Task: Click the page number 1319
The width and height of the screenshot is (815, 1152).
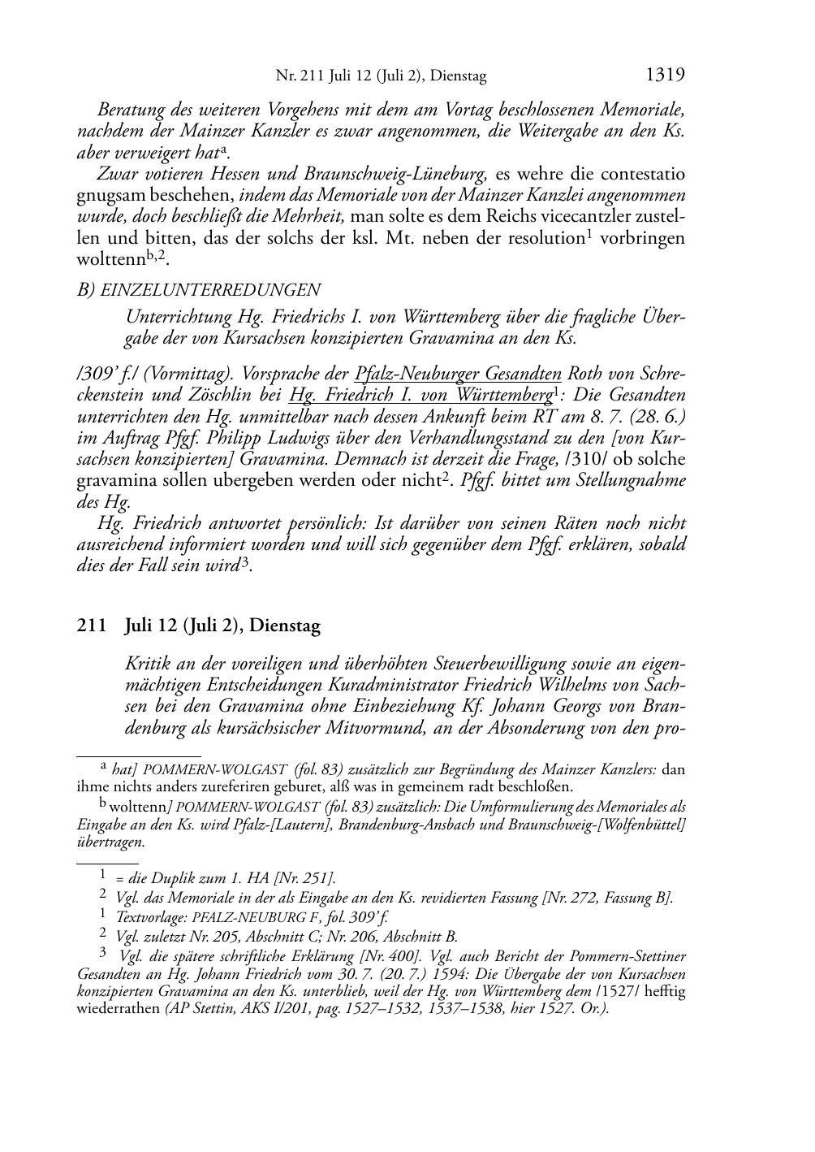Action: coord(666,76)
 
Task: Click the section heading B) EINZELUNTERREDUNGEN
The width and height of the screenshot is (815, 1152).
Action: coord(198,290)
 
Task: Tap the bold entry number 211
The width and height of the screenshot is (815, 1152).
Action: coord(91,626)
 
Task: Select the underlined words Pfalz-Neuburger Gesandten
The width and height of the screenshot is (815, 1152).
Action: coord(458,375)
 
